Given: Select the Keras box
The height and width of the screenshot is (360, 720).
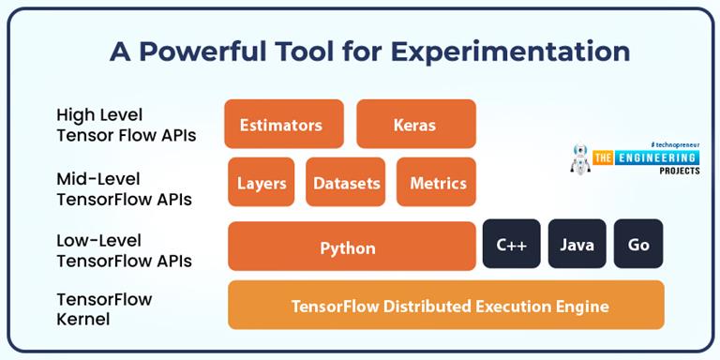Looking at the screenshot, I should pyautogui.click(x=415, y=125).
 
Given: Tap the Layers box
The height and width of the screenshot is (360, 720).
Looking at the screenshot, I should pyautogui.click(x=261, y=183).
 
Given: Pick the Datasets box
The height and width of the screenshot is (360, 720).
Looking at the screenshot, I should pyautogui.click(x=346, y=183).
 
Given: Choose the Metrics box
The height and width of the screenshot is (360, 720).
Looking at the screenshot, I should pyautogui.click(x=437, y=183).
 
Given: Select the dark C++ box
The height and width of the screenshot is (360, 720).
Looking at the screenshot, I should pyautogui.click(x=511, y=245).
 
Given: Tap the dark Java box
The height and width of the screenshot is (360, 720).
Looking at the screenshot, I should pyautogui.click(x=577, y=245).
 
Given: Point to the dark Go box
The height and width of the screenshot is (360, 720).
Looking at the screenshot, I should pyautogui.click(x=638, y=245).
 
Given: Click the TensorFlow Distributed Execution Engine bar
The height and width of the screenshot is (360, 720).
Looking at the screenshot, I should pyautogui.click(x=446, y=306).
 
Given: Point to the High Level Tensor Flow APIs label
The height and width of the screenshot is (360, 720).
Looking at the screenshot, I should pyautogui.click(x=126, y=126).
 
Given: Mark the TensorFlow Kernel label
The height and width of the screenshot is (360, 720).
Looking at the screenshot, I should pyautogui.click(x=104, y=309).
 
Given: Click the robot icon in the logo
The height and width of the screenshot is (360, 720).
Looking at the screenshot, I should pyautogui.click(x=581, y=159).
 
